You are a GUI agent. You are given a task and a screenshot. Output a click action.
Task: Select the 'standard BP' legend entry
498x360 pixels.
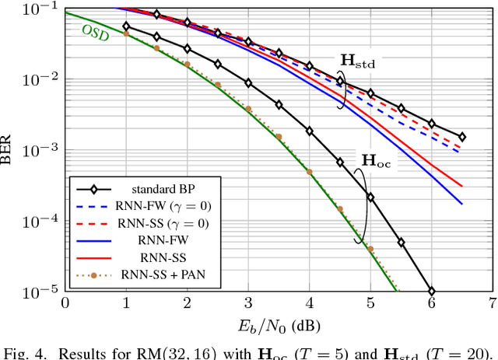pyautogui.click(x=151, y=189)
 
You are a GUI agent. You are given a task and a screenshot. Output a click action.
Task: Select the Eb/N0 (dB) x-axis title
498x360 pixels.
pyautogui.click(x=278, y=323)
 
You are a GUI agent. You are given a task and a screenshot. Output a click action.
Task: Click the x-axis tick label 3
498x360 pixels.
pyautogui.click(x=248, y=302)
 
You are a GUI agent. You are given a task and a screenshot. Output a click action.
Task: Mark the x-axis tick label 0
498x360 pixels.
pyautogui.click(x=65, y=302)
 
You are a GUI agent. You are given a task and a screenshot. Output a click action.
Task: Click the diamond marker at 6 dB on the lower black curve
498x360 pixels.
pyautogui.click(x=432, y=291)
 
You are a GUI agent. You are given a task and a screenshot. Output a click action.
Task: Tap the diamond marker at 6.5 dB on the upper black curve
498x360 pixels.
pyautogui.click(x=462, y=136)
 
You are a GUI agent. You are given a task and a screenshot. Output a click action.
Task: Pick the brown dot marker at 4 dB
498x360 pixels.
pyautogui.click(x=309, y=172)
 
